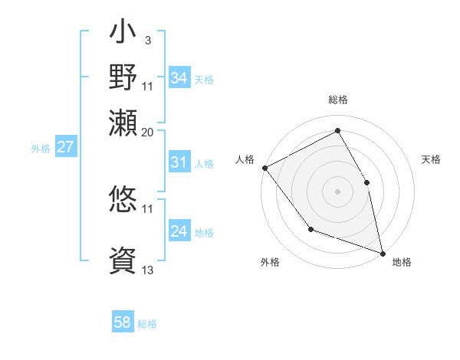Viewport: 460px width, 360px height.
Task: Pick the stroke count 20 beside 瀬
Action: click(148, 132)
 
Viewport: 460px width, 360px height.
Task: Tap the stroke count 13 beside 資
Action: click(148, 270)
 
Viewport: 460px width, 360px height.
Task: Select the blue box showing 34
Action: click(179, 78)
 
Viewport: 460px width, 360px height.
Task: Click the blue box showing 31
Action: click(179, 162)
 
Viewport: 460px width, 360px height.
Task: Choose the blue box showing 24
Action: click(179, 231)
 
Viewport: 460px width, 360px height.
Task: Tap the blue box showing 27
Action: click(65, 147)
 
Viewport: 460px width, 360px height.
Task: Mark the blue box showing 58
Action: click(123, 322)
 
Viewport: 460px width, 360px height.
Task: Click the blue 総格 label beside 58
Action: click(147, 324)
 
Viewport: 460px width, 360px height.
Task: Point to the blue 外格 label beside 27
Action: click(41, 149)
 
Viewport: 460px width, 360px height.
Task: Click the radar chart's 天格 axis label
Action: click(431, 159)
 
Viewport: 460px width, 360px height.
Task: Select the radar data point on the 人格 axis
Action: click(264, 168)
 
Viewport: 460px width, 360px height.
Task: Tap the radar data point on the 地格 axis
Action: click(383, 253)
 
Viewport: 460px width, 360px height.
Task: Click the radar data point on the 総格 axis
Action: click(337, 131)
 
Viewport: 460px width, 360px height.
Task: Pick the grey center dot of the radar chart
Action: click(337, 191)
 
